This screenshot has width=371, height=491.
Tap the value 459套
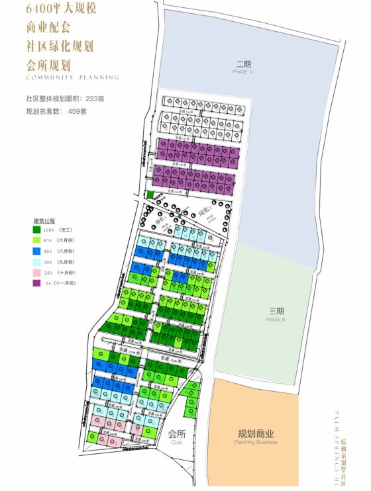(x=77, y=111)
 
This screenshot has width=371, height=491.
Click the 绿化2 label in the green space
(x=197, y=210)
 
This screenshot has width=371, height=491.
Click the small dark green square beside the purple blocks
(x=150, y=195)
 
